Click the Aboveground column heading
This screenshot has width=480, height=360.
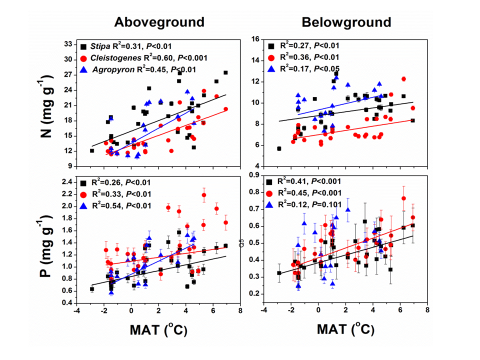[159, 22]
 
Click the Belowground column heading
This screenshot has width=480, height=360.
[346, 22]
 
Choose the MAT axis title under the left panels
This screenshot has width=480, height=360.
[155, 330]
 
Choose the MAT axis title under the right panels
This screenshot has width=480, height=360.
[343, 330]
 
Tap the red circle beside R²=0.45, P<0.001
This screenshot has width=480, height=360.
[270, 193]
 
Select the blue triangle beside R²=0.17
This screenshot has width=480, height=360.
[270, 68]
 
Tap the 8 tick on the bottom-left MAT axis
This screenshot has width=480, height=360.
[240, 311]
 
